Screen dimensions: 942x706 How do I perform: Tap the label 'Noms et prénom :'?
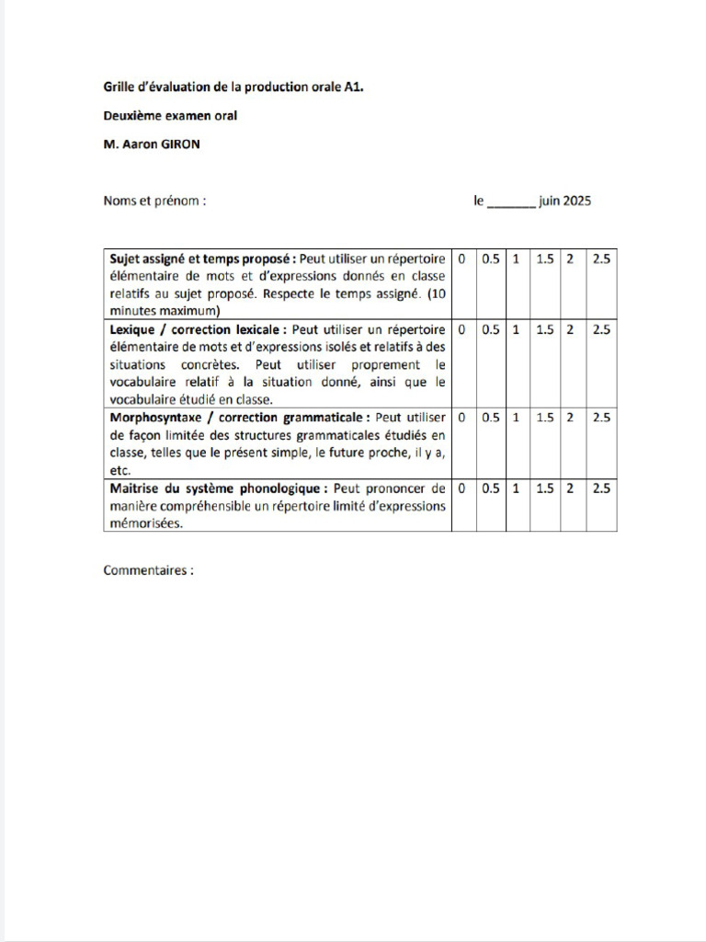(x=154, y=201)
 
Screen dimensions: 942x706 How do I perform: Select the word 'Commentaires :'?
(x=149, y=570)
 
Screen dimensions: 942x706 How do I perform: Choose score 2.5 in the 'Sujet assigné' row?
(x=600, y=259)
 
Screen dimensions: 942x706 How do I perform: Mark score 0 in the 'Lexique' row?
(x=461, y=329)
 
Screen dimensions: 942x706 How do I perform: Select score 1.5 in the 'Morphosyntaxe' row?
(x=545, y=418)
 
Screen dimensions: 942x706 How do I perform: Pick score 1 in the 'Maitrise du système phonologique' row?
(x=516, y=489)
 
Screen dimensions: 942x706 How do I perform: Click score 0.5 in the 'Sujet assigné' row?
(x=491, y=259)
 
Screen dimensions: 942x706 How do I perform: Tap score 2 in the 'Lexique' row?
(x=570, y=329)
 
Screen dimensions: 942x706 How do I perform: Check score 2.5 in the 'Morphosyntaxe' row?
(x=600, y=418)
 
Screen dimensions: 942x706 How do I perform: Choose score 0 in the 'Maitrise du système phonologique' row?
(x=461, y=489)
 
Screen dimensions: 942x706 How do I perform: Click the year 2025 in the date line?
(x=577, y=201)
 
